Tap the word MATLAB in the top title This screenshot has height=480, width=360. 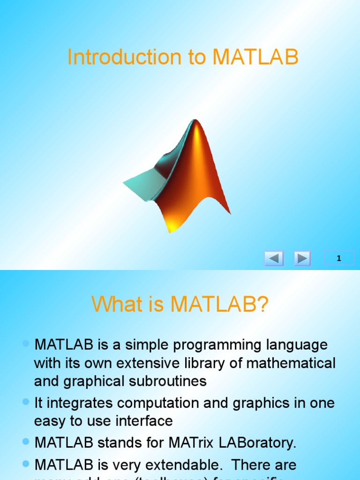(x=255, y=57)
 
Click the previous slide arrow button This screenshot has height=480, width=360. (x=274, y=258)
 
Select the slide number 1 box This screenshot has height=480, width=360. (x=339, y=258)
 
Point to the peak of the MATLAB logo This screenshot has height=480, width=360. (x=196, y=123)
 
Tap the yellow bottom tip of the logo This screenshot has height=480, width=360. (x=172, y=227)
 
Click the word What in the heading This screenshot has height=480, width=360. (x=114, y=305)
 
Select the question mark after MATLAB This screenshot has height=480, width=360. (x=262, y=305)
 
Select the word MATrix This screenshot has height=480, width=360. (x=206, y=442)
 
